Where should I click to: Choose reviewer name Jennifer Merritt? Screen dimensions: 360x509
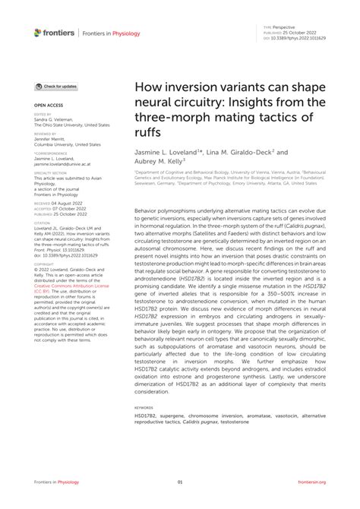pyautogui.click(x=52, y=138)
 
